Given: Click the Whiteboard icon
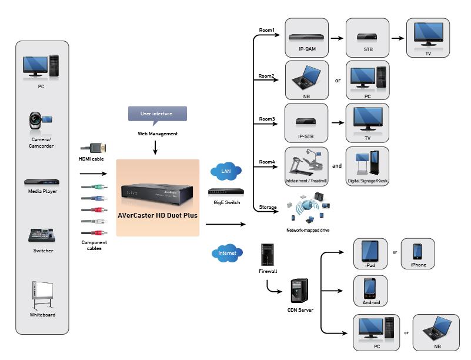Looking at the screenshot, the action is click(x=43, y=295).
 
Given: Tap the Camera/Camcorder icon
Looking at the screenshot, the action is click(x=41, y=121).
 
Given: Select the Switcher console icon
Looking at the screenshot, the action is click(x=42, y=236).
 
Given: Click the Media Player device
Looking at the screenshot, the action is click(x=42, y=182).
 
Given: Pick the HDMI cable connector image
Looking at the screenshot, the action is click(x=93, y=148).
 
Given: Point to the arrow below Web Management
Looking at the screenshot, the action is click(x=155, y=148).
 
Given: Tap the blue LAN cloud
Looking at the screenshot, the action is click(x=226, y=171).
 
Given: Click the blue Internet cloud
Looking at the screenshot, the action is click(x=227, y=253).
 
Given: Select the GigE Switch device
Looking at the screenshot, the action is click(x=226, y=191).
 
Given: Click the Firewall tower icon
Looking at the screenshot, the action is click(x=268, y=255).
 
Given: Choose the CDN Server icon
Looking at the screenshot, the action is click(x=299, y=291).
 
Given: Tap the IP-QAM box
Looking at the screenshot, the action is click(x=307, y=38).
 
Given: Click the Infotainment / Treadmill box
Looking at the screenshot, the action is click(x=306, y=166).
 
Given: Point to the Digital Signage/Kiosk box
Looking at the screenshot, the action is click(x=368, y=166).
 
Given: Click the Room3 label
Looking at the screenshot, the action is click(x=267, y=119).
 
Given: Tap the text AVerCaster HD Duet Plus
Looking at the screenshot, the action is click(x=158, y=215).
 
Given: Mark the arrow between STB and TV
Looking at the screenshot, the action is click(x=397, y=38).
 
